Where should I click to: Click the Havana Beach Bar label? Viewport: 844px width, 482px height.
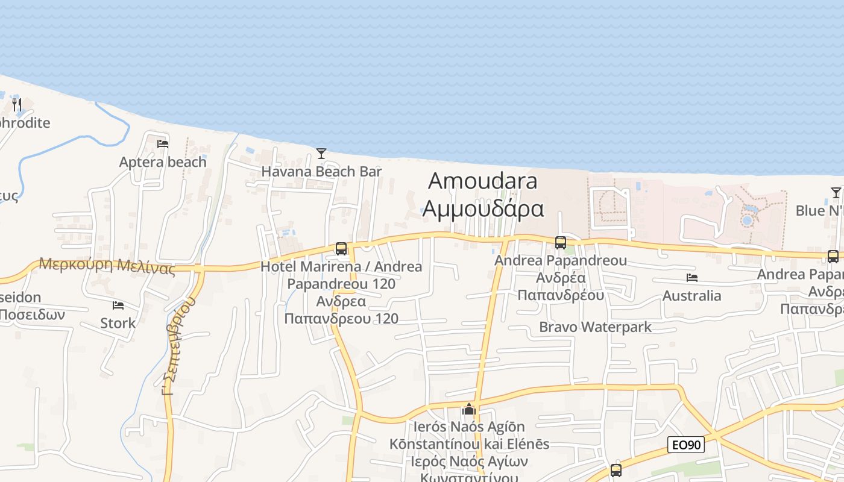pos(321,172)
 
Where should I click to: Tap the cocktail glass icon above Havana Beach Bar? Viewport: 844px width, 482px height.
pos(321,154)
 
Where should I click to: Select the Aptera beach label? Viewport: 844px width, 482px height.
pos(163,162)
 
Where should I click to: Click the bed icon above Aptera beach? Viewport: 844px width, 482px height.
pos(163,144)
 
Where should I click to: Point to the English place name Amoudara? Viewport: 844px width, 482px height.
pos(483,181)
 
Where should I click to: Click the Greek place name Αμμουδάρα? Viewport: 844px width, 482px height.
pos(483,208)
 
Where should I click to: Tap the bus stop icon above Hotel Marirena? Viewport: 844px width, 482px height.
pos(341,248)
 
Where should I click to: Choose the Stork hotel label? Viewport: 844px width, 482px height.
pos(118,324)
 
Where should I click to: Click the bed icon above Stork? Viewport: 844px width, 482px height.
pos(118,305)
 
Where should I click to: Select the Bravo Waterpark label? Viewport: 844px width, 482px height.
pos(595,327)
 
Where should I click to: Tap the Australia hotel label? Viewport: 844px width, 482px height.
pos(691,296)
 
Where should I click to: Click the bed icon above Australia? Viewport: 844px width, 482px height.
pos(692,278)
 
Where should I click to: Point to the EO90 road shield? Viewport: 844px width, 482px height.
pos(687,445)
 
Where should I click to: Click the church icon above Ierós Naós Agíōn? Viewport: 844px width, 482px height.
pos(469,410)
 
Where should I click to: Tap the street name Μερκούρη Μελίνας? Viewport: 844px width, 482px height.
pos(107,265)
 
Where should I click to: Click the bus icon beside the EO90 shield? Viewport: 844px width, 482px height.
pos(616,470)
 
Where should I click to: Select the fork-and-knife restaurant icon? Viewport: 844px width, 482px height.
pos(17,105)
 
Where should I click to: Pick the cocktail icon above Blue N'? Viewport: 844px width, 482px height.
pos(836,193)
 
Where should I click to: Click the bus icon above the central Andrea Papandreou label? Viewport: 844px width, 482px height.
pos(561,242)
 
